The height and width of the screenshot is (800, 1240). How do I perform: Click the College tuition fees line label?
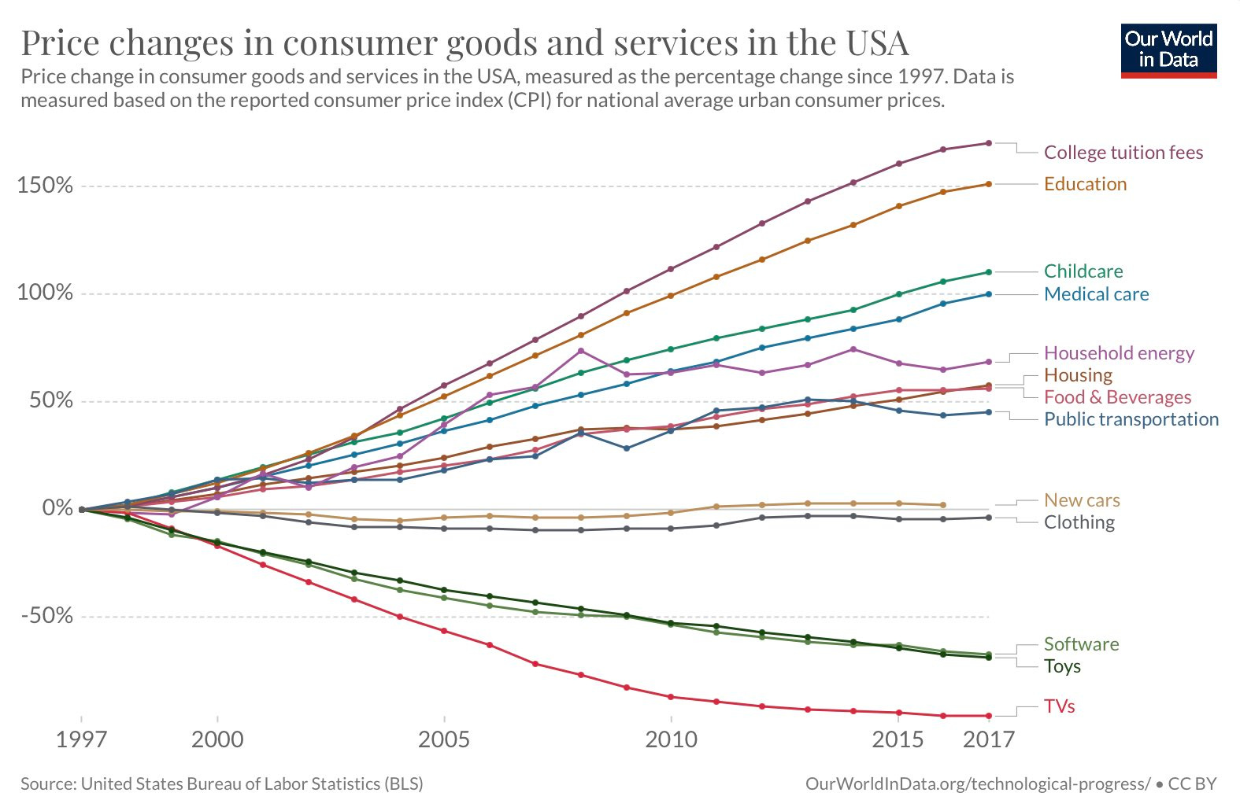(x=1123, y=153)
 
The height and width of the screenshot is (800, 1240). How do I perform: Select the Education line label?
(x=1085, y=184)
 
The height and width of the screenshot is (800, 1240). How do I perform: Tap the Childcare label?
(x=1083, y=271)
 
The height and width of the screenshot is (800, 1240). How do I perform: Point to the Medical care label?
(x=1096, y=294)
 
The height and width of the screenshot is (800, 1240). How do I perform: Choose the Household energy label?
(x=1119, y=353)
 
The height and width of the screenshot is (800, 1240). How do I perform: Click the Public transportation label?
(x=1131, y=419)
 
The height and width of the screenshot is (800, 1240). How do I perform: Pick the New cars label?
(x=1082, y=500)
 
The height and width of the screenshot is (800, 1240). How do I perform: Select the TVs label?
(x=1059, y=706)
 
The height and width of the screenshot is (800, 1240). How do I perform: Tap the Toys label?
(x=1062, y=666)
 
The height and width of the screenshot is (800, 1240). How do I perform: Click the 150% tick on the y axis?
(x=45, y=186)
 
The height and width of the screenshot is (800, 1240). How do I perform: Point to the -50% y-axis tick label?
(x=46, y=616)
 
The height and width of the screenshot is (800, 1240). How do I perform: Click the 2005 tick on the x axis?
(x=444, y=739)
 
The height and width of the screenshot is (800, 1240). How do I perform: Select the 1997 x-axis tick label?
(x=81, y=739)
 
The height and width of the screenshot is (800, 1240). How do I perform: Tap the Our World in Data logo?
(x=1168, y=51)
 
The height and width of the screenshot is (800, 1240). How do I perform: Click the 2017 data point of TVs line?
(x=988, y=716)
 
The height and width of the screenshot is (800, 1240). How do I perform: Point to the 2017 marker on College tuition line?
(x=988, y=143)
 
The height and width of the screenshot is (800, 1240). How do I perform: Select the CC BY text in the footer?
(x=1192, y=783)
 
